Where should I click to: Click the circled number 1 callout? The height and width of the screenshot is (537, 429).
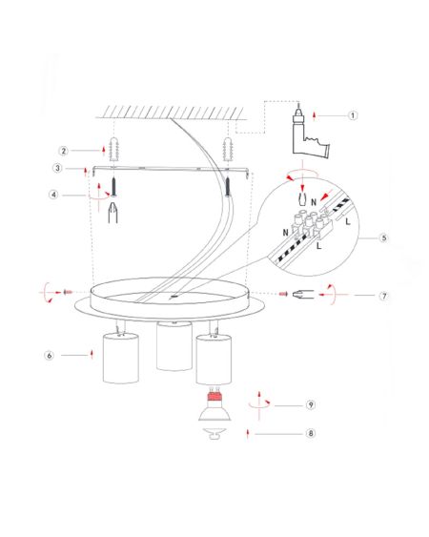click(x=353, y=115)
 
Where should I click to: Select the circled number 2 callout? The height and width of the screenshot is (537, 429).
click(x=63, y=151)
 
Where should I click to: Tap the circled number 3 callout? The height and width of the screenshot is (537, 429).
click(x=57, y=168)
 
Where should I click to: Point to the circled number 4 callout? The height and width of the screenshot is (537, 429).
click(x=53, y=195)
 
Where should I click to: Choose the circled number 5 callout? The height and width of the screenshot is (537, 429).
click(x=384, y=238)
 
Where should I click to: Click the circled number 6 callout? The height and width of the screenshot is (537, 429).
click(x=50, y=355)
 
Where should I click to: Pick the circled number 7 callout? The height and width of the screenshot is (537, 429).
click(x=384, y=296)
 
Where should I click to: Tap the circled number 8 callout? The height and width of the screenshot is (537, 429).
click(x=311, y=433)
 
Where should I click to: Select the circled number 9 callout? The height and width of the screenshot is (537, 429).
click(x=311, y=404)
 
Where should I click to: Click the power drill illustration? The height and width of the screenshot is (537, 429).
click(x=308, y=134)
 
